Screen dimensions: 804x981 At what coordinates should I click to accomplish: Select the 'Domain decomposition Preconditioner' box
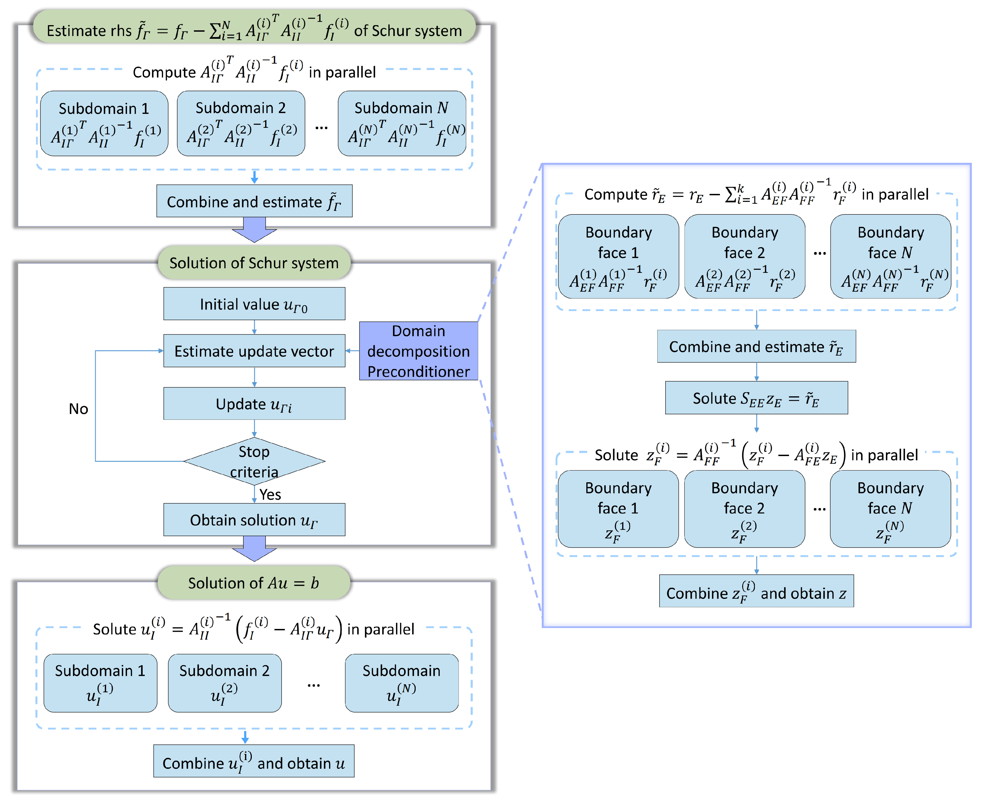click(418, 351)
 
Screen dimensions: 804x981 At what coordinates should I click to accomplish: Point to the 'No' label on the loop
click(78, 409)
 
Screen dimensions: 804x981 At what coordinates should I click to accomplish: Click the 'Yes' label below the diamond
click(270, 495)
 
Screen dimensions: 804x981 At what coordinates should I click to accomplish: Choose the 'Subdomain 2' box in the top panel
click(241, 123)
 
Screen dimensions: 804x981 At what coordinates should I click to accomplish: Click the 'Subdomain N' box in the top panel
click(401, 123)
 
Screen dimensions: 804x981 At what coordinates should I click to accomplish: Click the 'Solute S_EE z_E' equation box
click(756, 398)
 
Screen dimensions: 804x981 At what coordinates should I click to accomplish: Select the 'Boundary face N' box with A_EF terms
click(890, 256)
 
